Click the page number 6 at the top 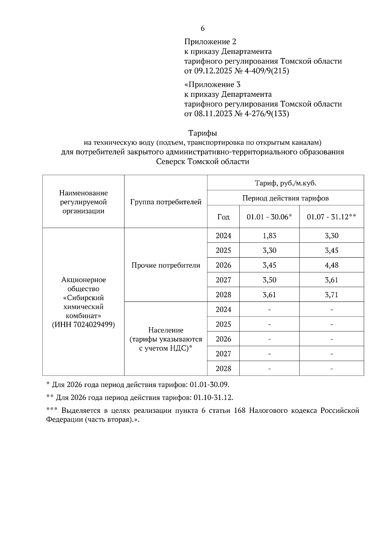(203, 28)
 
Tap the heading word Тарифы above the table (203, 133)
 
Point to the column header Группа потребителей (166, 202)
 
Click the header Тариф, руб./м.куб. (285, 183)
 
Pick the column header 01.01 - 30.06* (269, 217)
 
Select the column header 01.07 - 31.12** (332, 217)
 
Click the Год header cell (223, 217)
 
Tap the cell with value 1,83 (269, 236)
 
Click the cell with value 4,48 (332, 265)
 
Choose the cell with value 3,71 (332, 295)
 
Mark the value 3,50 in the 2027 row (269, 280)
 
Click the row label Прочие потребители (166, 265)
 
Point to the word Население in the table (166, 330)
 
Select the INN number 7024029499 (94, 325)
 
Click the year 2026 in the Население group (223, 339)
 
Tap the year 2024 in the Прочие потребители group (223, 236)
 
